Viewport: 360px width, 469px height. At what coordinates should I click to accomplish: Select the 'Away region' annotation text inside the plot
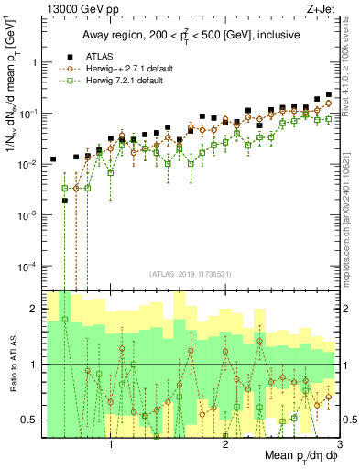point(174,35)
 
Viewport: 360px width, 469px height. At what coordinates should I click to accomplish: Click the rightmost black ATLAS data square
point(328,94)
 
